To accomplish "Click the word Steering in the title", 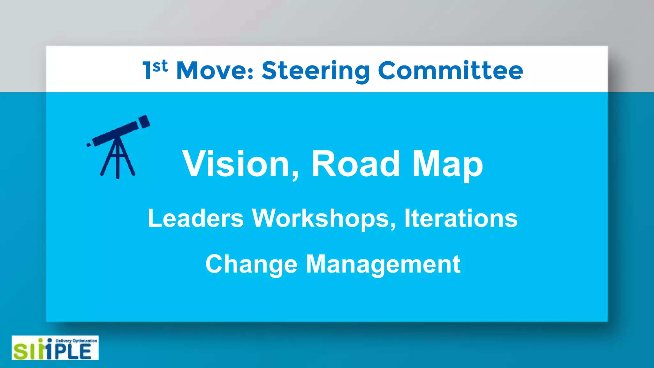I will pos(316,71).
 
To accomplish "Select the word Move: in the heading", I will pos(215,71).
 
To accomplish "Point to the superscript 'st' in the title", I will pos(160,66).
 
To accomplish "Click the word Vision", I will pos(236,164).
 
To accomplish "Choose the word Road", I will pos(355,164).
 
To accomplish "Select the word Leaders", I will pos(195,218).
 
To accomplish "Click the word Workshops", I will pos(323,218).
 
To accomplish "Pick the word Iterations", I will pos(461,218).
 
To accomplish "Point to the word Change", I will pos(251,264).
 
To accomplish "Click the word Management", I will pos(383,264).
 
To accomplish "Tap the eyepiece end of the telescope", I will pos(89,145).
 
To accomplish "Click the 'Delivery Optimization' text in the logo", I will pos(76,341).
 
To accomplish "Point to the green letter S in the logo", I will pos(21,352).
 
